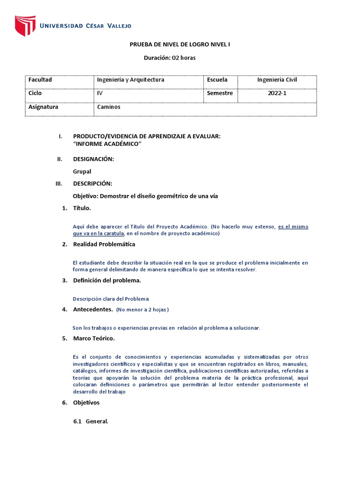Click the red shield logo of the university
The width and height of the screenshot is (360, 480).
pos(25,26)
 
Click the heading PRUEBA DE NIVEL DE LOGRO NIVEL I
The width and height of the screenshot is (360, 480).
pos(180,45)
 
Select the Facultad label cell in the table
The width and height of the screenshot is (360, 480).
pos(40,80)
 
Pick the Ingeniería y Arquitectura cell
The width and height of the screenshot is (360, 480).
pos(131,80)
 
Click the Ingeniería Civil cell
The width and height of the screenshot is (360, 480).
pos(277,80)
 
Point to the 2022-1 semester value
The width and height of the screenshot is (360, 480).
pos(277,93)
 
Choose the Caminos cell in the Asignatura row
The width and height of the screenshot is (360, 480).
pos(109,107)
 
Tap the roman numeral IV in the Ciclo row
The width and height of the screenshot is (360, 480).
pos(99,93)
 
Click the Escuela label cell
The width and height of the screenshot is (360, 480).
pos(217,80)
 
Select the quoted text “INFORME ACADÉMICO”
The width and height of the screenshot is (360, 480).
pos(107,144)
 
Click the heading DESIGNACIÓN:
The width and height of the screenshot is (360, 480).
pos(93,159)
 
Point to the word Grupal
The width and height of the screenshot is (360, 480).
pos(82,172)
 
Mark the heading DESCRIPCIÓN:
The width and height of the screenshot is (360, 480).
pos(92,183)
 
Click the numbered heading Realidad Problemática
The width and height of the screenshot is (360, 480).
pos(104,244)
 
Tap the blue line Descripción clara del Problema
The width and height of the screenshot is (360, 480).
pos(111,299)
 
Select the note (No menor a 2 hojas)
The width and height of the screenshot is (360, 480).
pos(142,309)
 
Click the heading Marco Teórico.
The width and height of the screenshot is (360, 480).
pos(94,338)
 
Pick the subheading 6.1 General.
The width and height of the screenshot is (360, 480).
pos(91,421)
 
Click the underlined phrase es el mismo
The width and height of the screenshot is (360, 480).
pos(293,226)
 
